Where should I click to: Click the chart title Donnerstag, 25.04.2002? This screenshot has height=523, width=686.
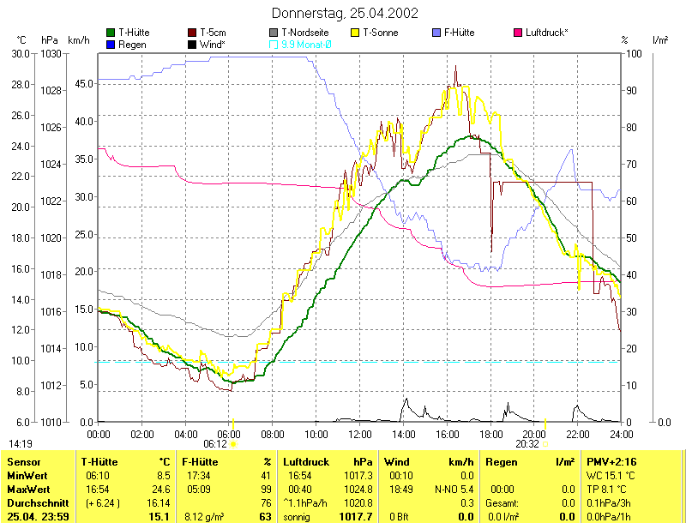click(x=345, y=13)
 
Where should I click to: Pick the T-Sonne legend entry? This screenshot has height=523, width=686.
click(x=382, y=33)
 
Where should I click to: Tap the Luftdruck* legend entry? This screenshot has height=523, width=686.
click(x=547, y=33)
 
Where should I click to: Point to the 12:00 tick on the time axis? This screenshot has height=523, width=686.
click(x=360, y=435)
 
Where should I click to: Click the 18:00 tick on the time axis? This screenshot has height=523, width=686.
click(x=490, y=435)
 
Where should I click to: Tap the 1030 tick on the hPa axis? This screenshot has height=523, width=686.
click(x=51, y=53)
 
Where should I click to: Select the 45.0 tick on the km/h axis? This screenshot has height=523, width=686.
click(x=83, y=84)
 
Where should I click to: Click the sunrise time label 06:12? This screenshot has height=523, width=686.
click(x=215, y=444)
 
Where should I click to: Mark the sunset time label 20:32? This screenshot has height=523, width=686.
click(x=528, y=444)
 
